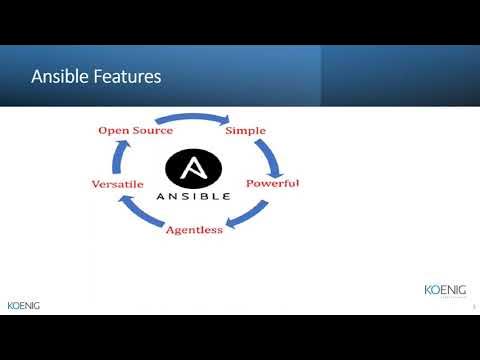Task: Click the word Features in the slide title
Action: tap(126, 76)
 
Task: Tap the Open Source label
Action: tap(135, 131)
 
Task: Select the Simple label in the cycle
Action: tap(245, 131)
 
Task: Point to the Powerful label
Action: tap(272, 184)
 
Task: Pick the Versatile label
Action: tap(117, 185)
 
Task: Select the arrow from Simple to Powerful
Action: tap(267, 155)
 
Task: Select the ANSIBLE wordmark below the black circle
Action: tap(194, 196)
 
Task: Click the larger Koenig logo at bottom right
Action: tap(443, 290)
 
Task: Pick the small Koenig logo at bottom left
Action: tap(23, 305)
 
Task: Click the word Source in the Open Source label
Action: tap(152, 131)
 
